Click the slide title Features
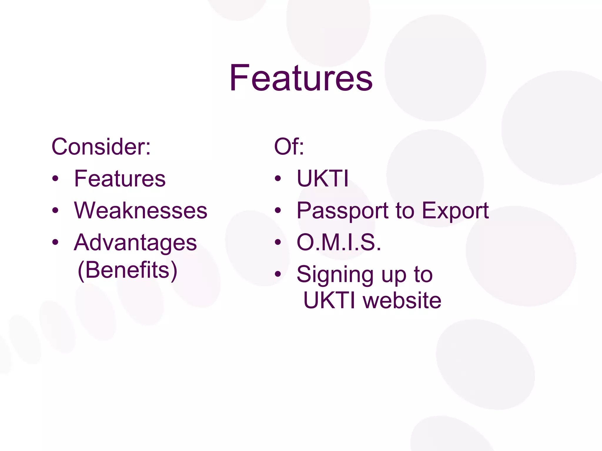coord(301,78)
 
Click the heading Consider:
coord(101,147)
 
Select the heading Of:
coord(289,147)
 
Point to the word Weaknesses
coord(141,211)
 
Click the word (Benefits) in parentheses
coord(128,270)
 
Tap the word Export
coord(455,211)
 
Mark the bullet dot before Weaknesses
coord(55,211)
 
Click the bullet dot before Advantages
coord(55,243)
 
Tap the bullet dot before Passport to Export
coord(278,211)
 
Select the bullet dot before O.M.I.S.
coord(278,243)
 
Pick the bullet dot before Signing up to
coord(278,274)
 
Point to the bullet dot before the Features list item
coord(55,179)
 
